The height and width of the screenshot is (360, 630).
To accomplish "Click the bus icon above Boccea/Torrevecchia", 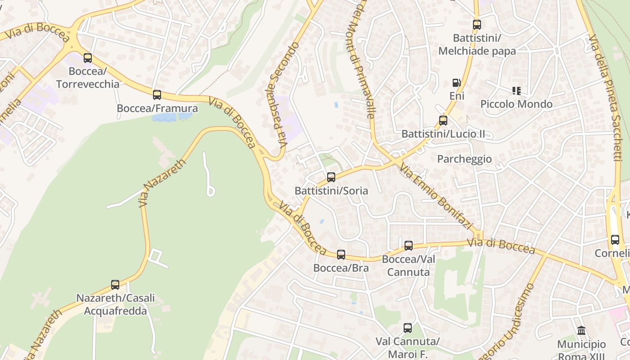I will tap(88, 58).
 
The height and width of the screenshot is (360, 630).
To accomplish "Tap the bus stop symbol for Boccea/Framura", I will tap(157, 95).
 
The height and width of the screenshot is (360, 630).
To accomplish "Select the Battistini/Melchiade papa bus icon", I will tap(477, 25).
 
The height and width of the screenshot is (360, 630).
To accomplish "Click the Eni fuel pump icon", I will tap(457, 83).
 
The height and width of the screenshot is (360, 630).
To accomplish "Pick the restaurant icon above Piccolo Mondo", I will tap(516, 91).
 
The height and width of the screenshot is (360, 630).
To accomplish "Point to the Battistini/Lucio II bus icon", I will tap(443, 121).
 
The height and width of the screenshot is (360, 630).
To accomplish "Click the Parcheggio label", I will tap(464, 159).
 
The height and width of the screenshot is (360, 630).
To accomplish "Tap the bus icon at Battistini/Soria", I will tap(331, 177).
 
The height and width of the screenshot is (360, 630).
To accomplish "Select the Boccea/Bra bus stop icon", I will tap(341, 255).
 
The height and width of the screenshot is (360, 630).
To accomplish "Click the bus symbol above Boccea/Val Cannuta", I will tap(409, 246).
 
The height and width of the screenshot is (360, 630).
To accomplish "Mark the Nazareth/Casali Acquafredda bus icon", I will tap(115, 285).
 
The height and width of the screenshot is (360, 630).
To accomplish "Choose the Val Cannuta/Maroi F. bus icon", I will tap(408, 328).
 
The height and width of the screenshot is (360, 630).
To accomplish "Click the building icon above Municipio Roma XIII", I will tap(581, 331).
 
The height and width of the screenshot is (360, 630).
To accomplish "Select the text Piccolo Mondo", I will tap(516, 104).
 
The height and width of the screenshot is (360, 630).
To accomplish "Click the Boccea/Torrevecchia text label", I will tap(88, 78).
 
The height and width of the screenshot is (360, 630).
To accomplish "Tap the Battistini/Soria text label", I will tap(331, 191).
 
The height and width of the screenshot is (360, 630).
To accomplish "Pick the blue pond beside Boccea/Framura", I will tap(171, 117).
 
